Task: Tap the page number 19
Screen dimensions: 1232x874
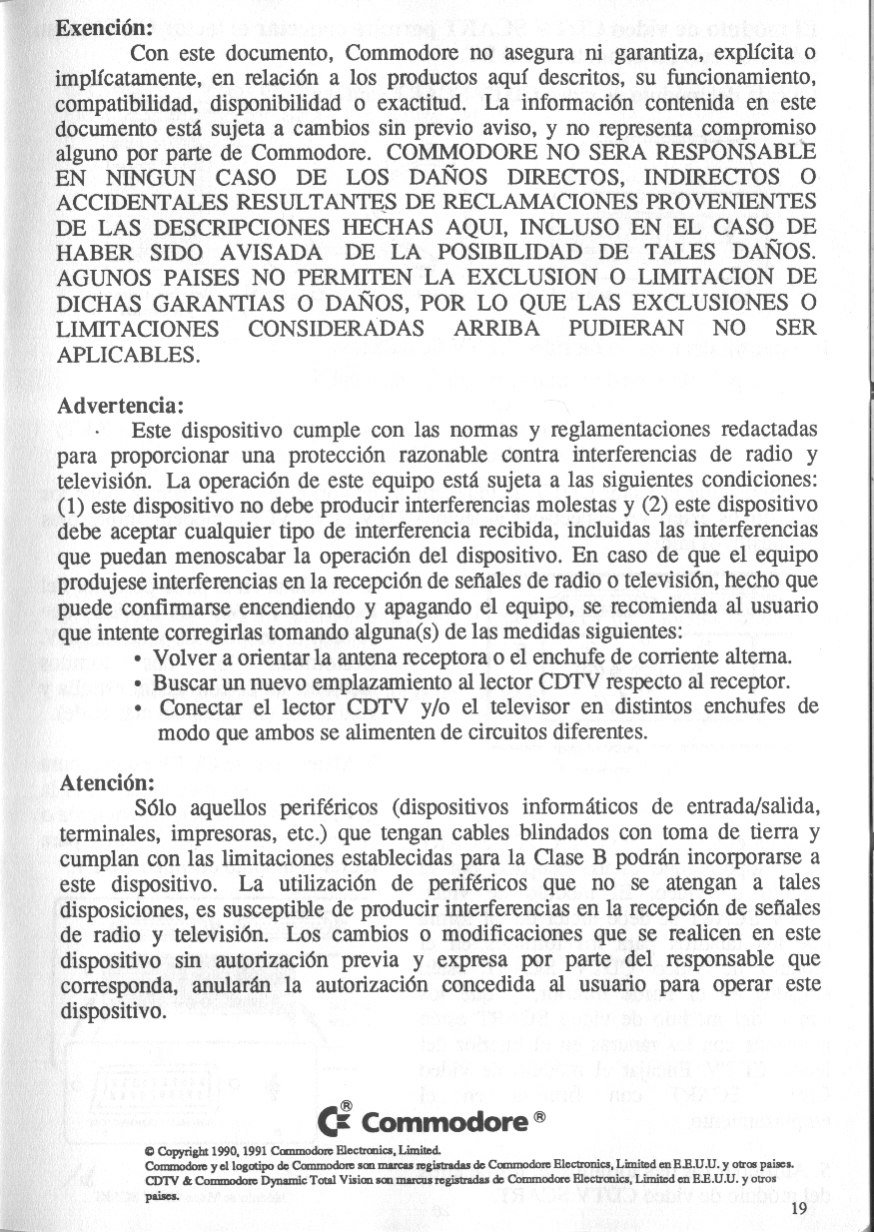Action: [797, 1208]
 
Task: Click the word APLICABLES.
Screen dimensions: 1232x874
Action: [130, 354]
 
